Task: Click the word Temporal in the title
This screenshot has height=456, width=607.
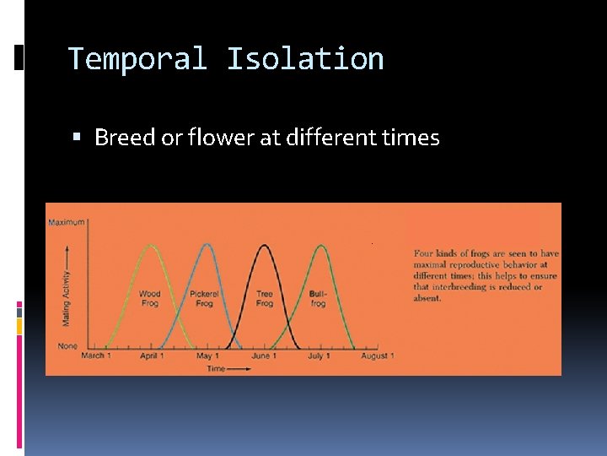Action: (x=137, y=59)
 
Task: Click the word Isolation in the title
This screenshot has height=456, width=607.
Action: (x=304, y=59)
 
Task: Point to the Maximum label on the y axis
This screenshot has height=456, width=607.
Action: (x=67, y=222)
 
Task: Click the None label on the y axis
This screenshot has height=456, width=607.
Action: (x=67, y=345)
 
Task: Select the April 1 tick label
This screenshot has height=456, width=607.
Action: (x=151, y=356)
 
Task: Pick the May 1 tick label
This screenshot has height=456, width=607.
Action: (x=207, y=356)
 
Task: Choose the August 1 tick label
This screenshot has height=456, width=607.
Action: (x=377, y=356)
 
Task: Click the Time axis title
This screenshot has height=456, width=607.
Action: (x=217, y=369)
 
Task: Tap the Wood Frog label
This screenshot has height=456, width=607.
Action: (x=149, y=299)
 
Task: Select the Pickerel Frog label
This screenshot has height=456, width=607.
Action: (x=204, y=299)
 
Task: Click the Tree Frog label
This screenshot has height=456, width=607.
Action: (x=265, y=299)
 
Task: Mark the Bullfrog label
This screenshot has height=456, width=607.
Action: (x=318, y=299)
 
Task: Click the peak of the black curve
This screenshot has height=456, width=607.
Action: (x=265, y=246)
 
